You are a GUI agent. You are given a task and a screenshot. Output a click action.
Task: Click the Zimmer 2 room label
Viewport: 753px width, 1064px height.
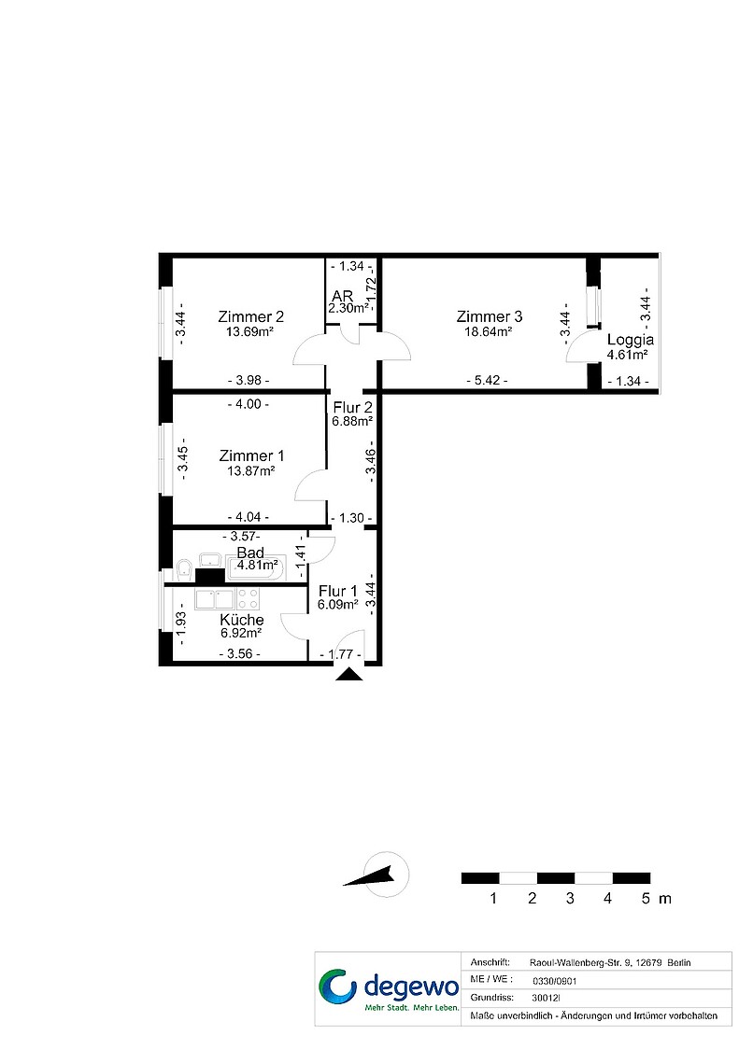[250, 316]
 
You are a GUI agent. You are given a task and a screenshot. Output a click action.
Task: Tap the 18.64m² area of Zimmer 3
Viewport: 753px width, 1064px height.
[484, 332]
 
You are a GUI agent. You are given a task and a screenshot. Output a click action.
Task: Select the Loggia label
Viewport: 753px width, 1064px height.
[630, 340]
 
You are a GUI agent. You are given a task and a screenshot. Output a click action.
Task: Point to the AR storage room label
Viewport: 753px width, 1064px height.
[342, 297]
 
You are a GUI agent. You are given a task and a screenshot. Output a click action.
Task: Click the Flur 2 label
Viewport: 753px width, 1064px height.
[352, 407]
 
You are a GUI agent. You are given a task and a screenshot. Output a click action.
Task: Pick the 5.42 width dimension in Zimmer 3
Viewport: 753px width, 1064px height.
[488, 381]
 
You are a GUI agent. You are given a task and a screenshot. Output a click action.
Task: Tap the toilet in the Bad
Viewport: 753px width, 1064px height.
[183, 568]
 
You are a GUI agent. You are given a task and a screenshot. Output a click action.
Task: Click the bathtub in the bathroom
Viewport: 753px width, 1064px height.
[257, 567]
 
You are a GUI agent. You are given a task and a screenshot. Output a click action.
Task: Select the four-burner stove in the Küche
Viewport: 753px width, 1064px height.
[248, 598]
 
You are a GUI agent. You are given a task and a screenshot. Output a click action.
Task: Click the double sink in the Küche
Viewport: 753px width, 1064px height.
[215, 598]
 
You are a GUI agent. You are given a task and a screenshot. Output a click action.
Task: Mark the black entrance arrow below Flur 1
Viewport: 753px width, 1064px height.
[349, 674]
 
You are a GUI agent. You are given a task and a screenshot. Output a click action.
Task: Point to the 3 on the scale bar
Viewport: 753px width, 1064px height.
[570, 899]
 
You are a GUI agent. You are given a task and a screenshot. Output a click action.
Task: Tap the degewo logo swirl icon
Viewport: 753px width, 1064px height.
[337, 986]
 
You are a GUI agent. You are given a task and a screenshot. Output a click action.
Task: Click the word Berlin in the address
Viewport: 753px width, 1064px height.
[679, 963]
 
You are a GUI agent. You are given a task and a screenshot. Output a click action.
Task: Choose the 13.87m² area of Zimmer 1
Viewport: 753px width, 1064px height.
[250, 471]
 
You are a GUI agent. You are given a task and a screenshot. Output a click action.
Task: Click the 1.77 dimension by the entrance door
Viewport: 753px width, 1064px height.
[340, 655]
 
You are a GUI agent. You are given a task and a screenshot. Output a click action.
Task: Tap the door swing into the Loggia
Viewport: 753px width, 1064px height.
[578, 349]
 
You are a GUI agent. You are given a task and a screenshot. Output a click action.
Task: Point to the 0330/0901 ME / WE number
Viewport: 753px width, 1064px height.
[555, 981]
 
